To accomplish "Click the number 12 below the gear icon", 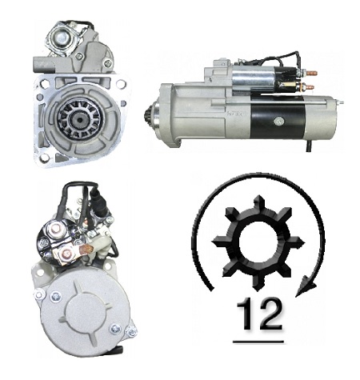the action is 259,314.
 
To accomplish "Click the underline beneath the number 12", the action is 258,342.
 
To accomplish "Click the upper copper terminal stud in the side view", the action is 311,73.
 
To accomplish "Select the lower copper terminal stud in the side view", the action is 309,87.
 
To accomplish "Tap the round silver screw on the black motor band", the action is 278,122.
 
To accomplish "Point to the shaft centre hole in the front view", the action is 79,119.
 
